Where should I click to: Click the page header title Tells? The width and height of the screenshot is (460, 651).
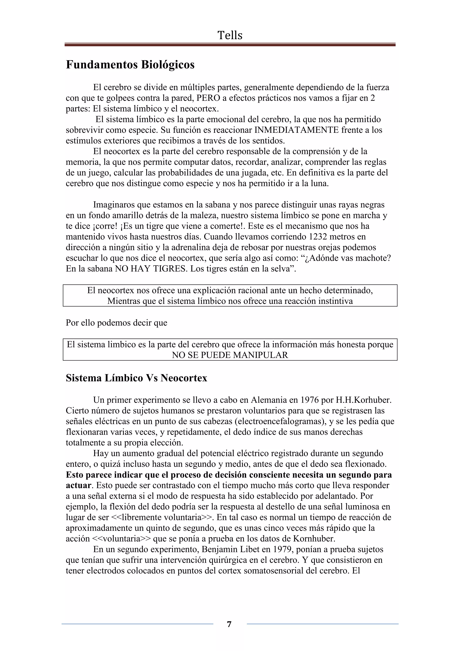230,35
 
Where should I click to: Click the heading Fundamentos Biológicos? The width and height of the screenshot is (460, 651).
130,65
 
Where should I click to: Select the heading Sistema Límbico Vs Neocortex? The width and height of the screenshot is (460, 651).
136,378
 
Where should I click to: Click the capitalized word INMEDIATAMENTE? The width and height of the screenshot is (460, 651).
296,130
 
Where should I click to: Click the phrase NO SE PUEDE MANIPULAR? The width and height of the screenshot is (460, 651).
230,355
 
